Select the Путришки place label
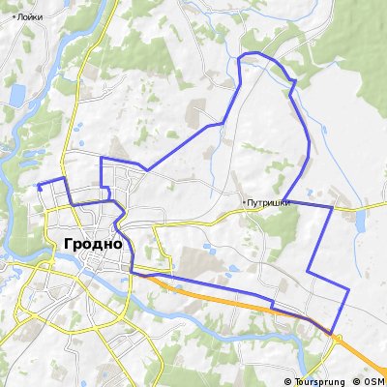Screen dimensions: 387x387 pyautogui.click(x=268, y=202)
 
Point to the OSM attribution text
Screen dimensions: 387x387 pyautogui.click(x=372, y=377)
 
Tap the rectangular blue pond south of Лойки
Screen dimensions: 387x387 pyautogui.click(x=16, y=94)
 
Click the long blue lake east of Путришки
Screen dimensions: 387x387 pyautogui.click(x=361, y=224)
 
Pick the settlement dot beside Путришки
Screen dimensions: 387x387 pyautogui.click(x=244, y=202)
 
